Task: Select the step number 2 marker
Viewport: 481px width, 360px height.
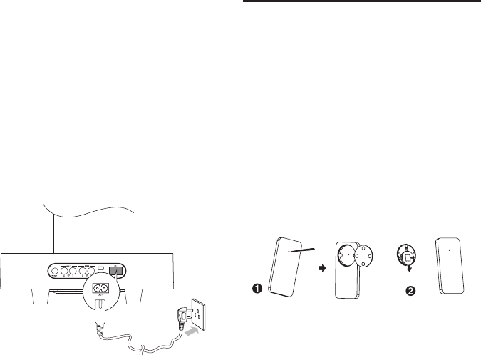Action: pos(408,290)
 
